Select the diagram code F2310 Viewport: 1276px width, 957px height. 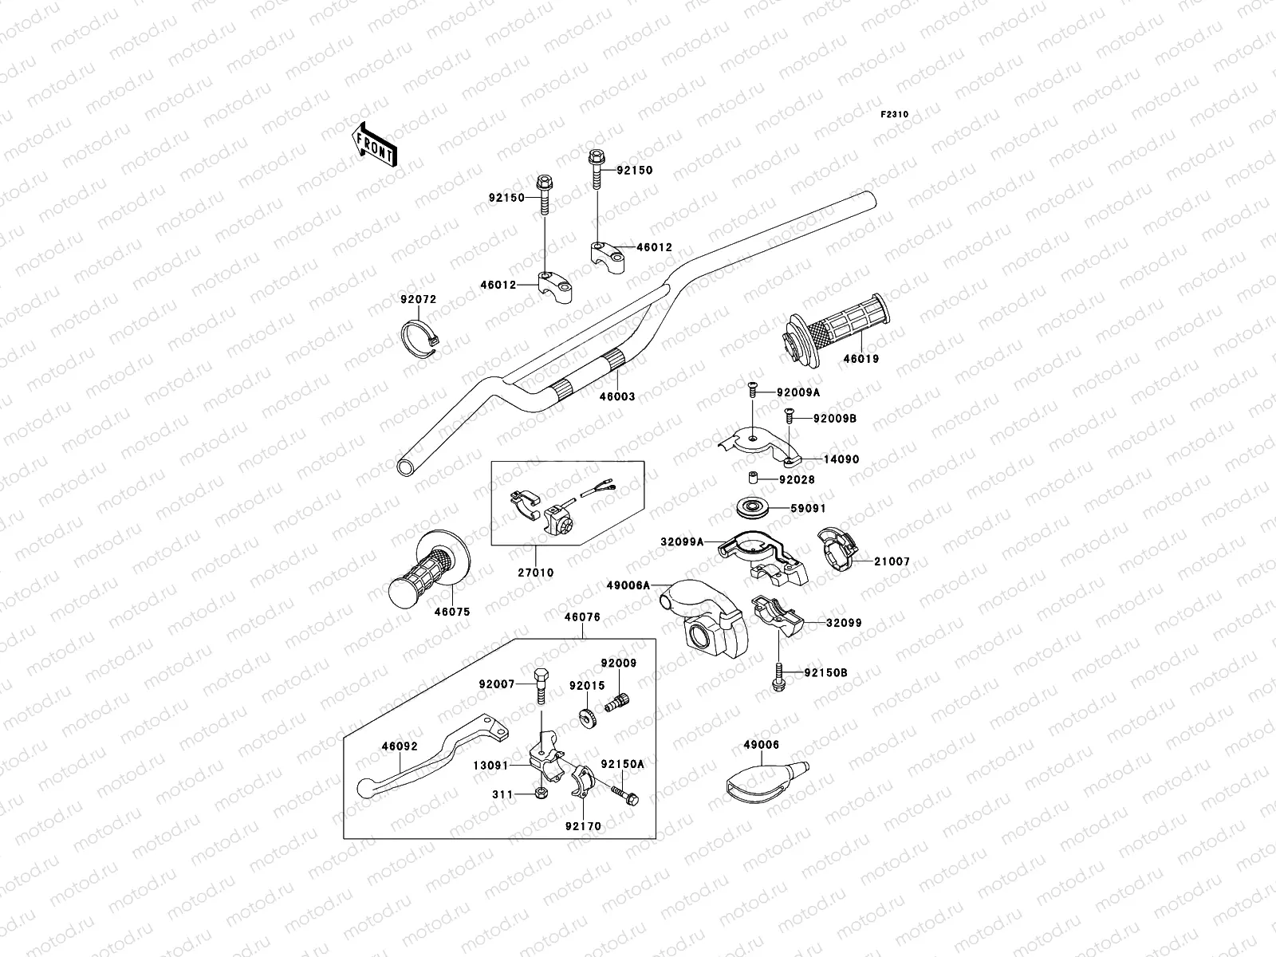click(894, 115)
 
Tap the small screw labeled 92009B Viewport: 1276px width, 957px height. click(788, 415)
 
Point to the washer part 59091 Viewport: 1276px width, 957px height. click(751, 507)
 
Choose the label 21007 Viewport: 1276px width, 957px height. click(891, 562)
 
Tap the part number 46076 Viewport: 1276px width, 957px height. click(583, 616)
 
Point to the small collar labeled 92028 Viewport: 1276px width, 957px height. click(750, 479)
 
